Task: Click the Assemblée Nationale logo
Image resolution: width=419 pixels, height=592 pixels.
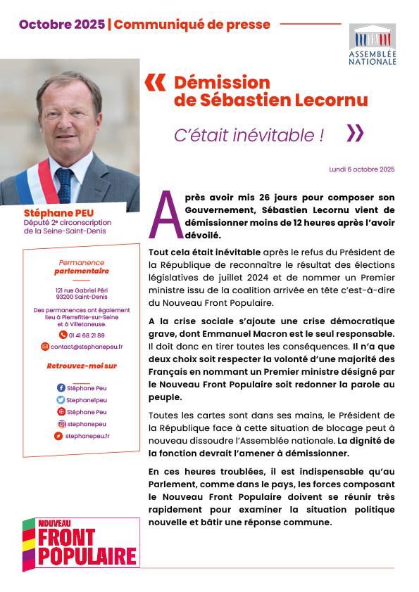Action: pos(373,44)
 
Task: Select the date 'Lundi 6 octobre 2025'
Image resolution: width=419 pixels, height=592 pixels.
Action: pos(361,169)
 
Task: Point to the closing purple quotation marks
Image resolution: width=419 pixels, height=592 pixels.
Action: pos(356,133)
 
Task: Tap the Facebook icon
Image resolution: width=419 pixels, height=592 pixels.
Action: pos(61,388)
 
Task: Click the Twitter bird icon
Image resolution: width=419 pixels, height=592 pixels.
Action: pos(61,400)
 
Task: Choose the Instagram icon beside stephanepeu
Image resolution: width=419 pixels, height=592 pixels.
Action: pos(61,424)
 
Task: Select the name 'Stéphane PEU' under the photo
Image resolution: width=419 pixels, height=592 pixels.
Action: pos(55,212)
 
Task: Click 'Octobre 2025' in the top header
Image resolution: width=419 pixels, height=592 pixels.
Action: pos(62,25)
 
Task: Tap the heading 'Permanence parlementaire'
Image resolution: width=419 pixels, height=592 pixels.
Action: pos(82,266)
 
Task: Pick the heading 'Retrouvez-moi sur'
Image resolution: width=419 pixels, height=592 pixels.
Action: pos(82,366)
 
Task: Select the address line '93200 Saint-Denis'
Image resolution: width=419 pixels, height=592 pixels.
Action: pos(82,297)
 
